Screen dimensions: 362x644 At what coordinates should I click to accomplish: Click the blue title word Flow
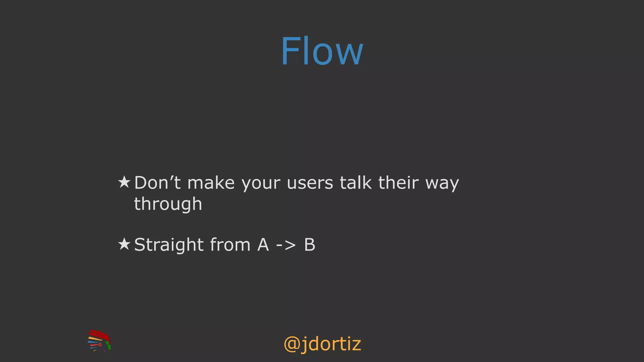pos(322,51)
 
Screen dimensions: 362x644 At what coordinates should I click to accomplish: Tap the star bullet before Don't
pos(124,182)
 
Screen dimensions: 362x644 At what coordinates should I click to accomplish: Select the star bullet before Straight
pos(124,244)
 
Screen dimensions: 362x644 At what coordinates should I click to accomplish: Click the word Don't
pos(157,183)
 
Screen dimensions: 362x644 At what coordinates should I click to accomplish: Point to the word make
pos(211,183)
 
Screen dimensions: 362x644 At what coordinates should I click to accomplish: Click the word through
pos(168,205)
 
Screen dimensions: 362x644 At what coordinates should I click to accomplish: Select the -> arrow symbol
pos(286,245)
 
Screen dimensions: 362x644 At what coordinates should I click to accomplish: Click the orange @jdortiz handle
pos(322,344)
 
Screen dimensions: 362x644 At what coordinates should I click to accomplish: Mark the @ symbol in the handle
pos(292,344)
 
